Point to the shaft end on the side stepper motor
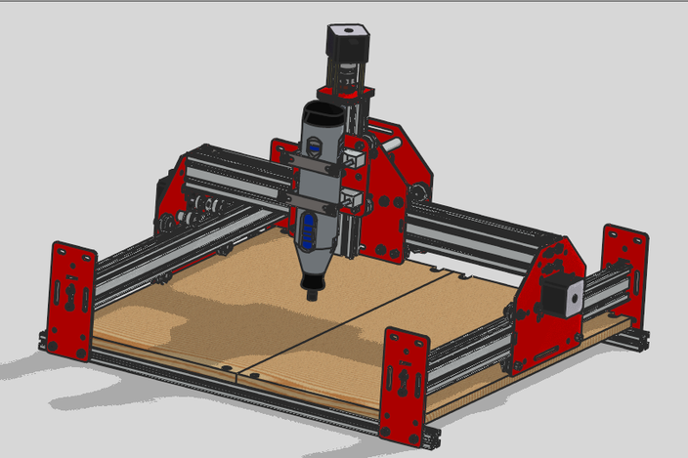(x=575, y=292)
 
